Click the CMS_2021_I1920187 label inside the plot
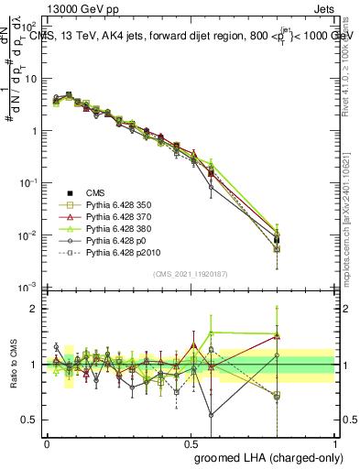(x=190, y=273)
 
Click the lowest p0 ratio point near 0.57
(x=212, y=414)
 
